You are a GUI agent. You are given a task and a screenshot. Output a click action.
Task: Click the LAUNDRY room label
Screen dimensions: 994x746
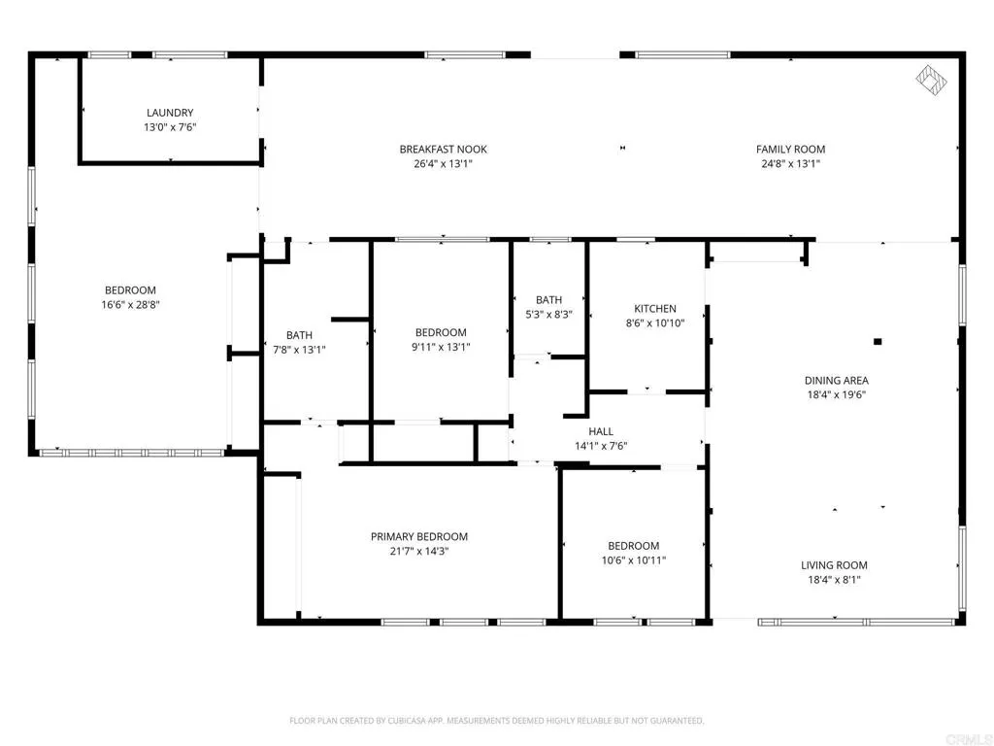(x=170, y=113)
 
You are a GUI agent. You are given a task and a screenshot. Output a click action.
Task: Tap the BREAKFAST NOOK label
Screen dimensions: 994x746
(x=443, y=150)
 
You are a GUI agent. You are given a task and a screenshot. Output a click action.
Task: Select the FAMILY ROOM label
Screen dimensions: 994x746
(x=790, y=150)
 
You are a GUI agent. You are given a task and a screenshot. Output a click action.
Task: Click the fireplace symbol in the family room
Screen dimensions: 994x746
(x=931, y=80)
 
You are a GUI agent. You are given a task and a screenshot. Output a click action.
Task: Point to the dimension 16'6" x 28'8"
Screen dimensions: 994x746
(x=131, y=304)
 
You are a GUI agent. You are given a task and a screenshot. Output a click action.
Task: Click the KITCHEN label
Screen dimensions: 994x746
(x=655, y=309)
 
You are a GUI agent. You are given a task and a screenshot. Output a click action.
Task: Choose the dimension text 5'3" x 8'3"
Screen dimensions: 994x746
(x=549, y=314)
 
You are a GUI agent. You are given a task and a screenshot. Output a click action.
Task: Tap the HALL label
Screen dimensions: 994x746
(x=601, y=431)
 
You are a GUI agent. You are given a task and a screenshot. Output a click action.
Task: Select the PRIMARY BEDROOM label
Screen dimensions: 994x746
(x=419, y=536)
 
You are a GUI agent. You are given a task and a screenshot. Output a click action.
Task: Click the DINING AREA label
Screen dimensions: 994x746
(x=837, y=381)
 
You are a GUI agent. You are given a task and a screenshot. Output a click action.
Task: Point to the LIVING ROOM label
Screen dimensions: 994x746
(x=834, y=565)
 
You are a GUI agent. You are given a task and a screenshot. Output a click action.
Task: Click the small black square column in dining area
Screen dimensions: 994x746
(x=878, y=342)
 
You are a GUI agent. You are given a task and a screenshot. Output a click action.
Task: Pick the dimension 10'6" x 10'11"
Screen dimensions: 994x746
(x=634, y=560)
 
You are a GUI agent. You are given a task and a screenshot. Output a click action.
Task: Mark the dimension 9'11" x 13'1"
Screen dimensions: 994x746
(x=442, y=347)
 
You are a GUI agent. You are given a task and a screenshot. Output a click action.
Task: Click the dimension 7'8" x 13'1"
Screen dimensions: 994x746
(x=299, y=350)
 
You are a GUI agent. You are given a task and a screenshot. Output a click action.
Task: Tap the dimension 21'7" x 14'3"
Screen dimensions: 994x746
(x=419, y=552)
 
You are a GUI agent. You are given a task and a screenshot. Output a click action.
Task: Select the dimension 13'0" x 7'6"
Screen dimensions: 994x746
(x=170, y=127)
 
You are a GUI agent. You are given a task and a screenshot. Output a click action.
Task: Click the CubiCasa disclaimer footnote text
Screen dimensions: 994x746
(x=497, y=721)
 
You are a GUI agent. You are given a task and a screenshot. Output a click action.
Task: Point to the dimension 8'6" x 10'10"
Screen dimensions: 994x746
(x=655, y=323)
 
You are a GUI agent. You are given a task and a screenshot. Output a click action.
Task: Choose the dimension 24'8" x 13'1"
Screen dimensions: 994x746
(x=790, y=164)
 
